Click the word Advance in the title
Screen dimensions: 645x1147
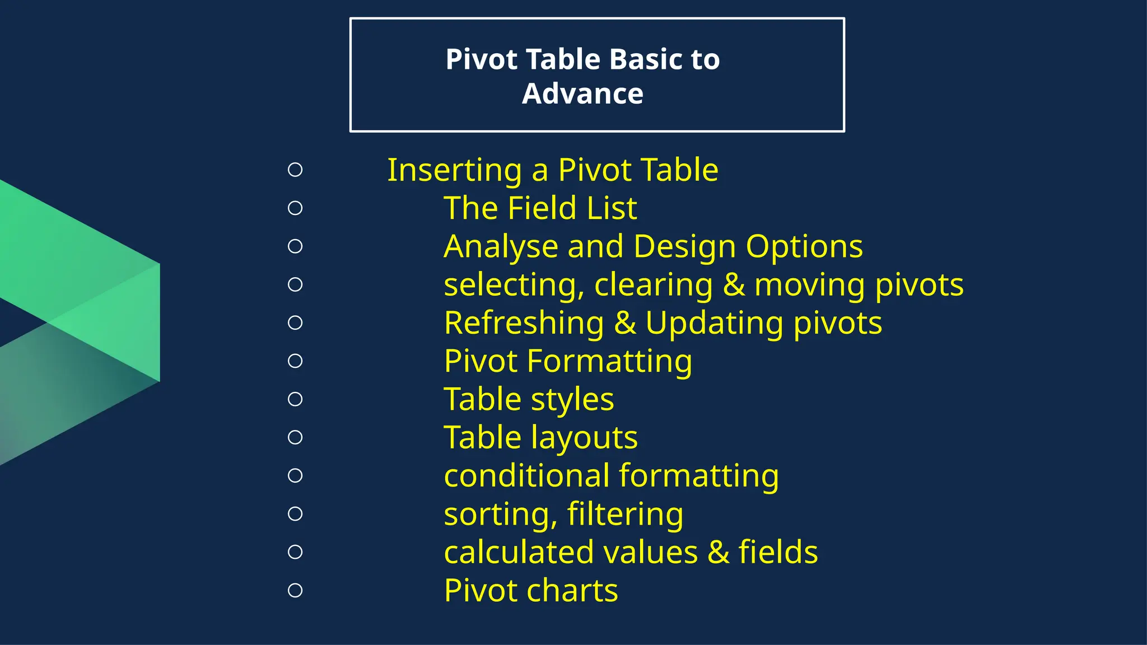coord(582,94)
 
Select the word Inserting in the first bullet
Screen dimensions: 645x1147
coord(455,170)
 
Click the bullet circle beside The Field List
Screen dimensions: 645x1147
coord(295,208)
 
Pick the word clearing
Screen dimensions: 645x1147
coord(654,285)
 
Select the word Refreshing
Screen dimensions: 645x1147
coord(524,323)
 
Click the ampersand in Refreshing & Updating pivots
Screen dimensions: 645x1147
coord(625,324)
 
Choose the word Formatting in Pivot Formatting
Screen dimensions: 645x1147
coord(609,361)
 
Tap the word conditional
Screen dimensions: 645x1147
coord(526,476)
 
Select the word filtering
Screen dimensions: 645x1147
coord(625,514)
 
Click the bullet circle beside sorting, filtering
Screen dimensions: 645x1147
coord(295,514)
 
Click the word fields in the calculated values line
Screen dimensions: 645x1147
coord(778,552)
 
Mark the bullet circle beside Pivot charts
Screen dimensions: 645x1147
coord(295,591)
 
